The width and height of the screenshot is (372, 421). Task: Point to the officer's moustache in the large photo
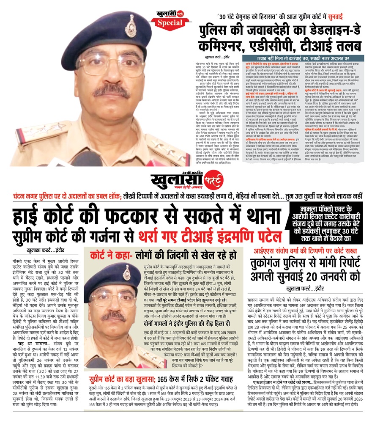tap(111, 90)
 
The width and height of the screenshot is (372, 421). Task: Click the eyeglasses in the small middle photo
tap(113, 293)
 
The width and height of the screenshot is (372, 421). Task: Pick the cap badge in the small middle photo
tap(126, 272)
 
